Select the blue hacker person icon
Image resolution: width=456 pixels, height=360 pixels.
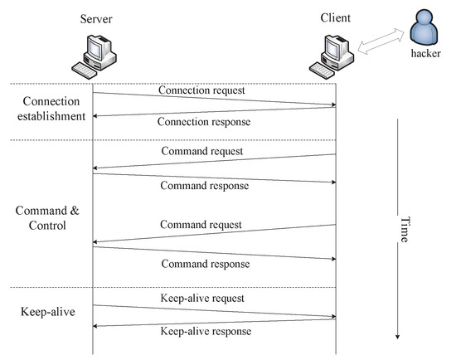tap(424, 27)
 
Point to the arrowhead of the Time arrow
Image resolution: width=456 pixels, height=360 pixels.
tap(399, 335)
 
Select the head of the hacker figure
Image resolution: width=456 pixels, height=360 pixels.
tap(424, 18)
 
